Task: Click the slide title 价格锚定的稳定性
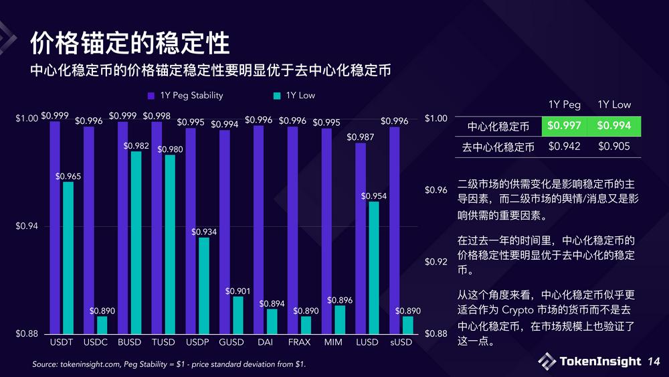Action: [x=130, y=43]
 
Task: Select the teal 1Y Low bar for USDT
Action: [x=68, y=258]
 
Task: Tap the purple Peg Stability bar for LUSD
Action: [x=361, y=238]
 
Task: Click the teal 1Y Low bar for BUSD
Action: [x=136, y=242]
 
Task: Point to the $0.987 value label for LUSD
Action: [x=361, y=137]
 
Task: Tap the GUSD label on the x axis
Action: [x=231, y=342]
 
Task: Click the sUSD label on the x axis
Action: [x=401, y=342]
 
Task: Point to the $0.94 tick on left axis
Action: [x=27, y=226]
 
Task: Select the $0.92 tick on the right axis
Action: [x=436, y=262]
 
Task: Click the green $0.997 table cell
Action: [x=564, y=125]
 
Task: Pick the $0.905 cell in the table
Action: [x=614, y=146]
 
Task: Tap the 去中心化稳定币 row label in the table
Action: [x=498, y=147]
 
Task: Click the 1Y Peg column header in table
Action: [x=564, y=104]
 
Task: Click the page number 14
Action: [x=653, y=362]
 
